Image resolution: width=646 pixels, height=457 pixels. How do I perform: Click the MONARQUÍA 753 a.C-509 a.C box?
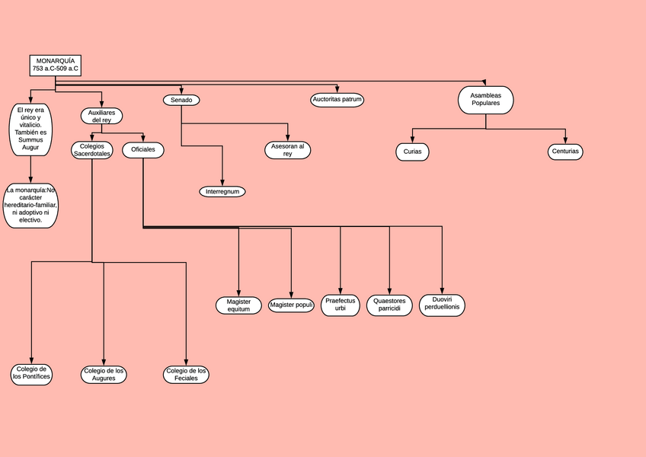(55, 65)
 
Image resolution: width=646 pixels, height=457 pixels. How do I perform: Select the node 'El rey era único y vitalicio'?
(30, 129)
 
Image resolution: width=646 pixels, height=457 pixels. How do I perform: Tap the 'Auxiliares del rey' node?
(101, 116)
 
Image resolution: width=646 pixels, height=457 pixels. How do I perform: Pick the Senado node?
(181, 100)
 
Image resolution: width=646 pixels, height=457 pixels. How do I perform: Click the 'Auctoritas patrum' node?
(337, 100)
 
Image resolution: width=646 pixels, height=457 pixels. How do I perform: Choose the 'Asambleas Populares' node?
(485, 100)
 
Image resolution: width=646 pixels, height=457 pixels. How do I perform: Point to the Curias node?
(412, 152)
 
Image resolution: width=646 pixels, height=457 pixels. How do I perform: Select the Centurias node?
(564, 152)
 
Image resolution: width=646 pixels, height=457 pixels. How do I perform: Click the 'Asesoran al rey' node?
(288, 150)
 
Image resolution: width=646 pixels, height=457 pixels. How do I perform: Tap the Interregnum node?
(222, 191)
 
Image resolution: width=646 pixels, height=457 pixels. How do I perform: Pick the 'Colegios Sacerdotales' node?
(92, 150)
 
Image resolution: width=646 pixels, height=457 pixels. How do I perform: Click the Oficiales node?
(143, 149)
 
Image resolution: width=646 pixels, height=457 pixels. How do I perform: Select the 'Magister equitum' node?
(238, 305)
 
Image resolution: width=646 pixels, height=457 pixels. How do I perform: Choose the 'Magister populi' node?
(292, 305)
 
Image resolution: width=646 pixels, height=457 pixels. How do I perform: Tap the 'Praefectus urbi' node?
(341, 305)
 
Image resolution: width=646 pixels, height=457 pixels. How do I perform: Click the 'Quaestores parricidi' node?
(390, 305)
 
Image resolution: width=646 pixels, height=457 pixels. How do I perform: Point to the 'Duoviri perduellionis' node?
(442, 305)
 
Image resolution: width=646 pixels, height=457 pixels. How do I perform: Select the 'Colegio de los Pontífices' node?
(32, 373)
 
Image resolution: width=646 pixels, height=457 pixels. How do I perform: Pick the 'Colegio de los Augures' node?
(104, 374)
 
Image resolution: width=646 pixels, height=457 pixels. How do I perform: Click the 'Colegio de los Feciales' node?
(186, 374)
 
